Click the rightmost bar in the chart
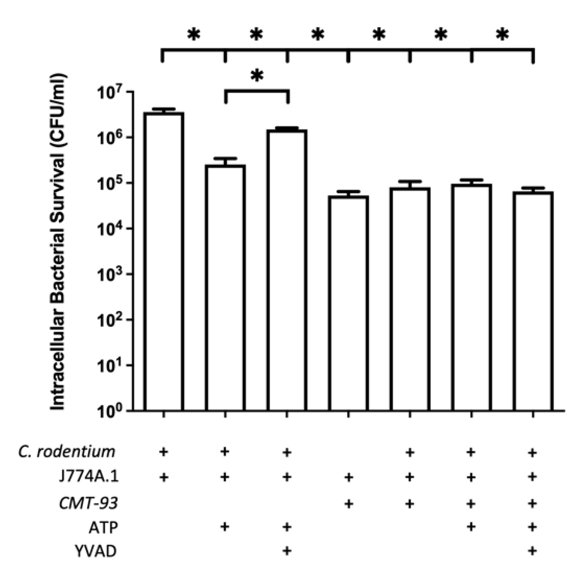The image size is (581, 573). tap(533, 301)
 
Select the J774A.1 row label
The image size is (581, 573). tap(88, 477)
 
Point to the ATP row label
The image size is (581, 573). tap(103, 528)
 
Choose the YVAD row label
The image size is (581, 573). tap(96, 551)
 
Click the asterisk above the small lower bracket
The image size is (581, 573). tap(257, 76)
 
